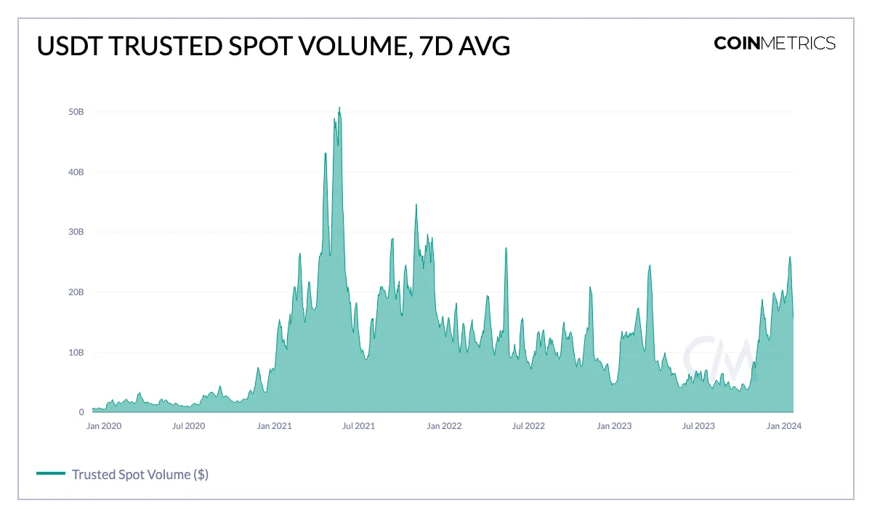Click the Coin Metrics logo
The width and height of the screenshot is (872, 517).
775,43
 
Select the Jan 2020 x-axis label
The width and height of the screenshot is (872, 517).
104,426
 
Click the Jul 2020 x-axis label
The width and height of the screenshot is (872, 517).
189,426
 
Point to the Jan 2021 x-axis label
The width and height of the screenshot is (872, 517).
275,426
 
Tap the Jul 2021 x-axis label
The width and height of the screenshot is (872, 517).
359,426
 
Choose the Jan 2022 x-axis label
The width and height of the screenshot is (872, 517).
445,426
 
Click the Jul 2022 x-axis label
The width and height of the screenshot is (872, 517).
529,426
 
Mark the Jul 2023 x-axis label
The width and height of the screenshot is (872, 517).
699,426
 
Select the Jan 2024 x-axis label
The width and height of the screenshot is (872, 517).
785,426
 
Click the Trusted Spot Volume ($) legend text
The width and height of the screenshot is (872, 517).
140,474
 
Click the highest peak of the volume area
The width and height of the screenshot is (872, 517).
339,108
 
